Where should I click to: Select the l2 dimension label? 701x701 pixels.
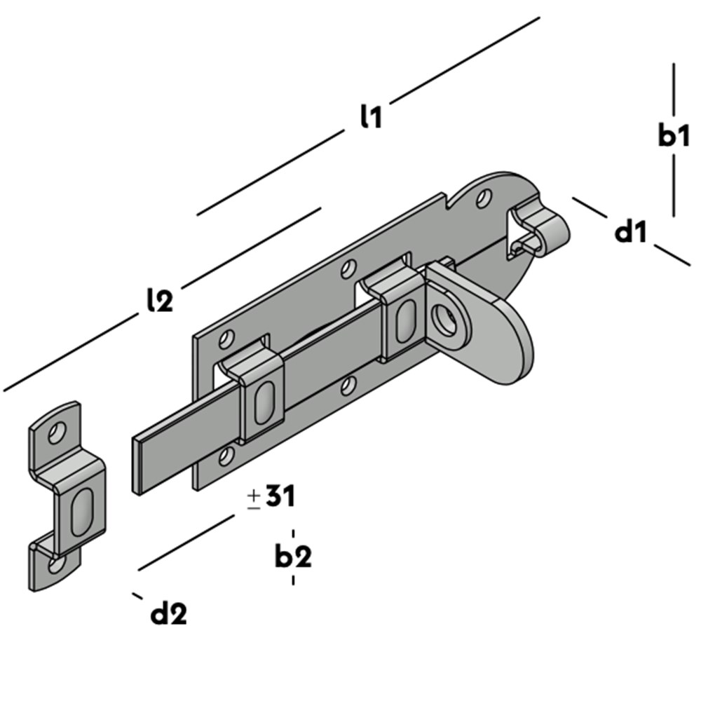(x=160, y=300)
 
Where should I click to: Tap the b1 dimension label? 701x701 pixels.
(x=674, y=137)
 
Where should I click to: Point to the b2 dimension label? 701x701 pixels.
(x=293, y=557)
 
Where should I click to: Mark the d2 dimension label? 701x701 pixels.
(x=169, y=614)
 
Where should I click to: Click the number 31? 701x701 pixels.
(x=280, y=497)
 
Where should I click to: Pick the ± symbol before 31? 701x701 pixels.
(x=254, y=498)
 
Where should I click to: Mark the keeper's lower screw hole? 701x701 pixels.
(x=56, y=563)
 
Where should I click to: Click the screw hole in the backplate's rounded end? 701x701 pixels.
(x=483, y=198)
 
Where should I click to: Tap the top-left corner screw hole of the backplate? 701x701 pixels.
(x=226, y=341)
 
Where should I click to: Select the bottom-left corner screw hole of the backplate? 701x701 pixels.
(x=224, y=458)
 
